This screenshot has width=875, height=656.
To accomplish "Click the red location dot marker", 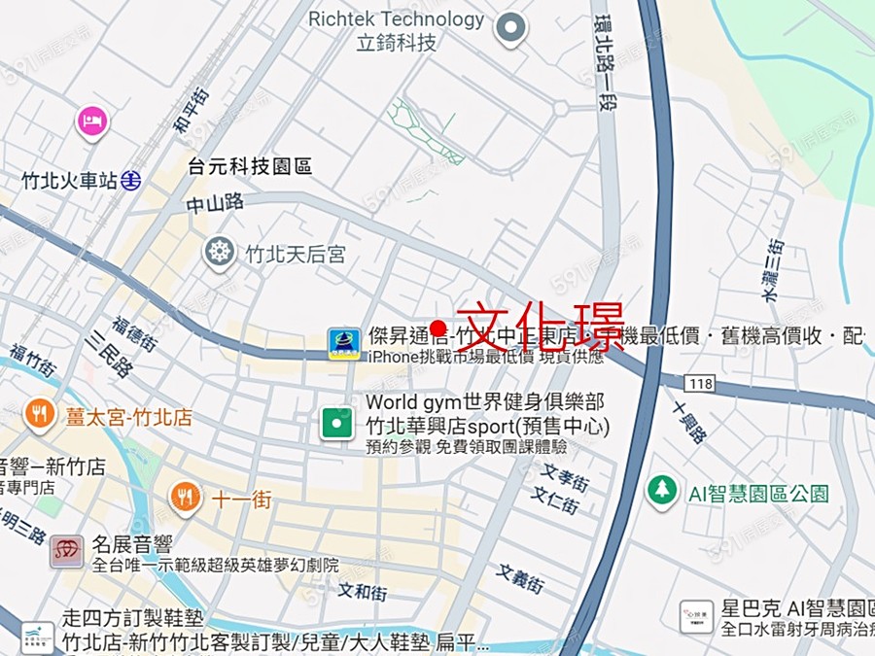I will [437, 328].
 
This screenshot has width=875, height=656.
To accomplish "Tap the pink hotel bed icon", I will [91, 121].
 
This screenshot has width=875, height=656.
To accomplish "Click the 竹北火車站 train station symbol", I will [132, 180].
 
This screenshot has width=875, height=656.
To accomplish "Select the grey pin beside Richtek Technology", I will [510, 28].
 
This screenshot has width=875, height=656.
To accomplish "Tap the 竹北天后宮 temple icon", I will [220, 254].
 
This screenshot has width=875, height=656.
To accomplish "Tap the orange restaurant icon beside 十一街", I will [185, 498].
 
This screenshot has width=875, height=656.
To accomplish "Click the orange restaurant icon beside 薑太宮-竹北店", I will [40, 415].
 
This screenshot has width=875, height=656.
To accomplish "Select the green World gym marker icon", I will [337, 423].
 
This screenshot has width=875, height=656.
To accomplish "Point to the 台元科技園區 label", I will [251, 166].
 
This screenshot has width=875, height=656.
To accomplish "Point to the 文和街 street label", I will [363, 590].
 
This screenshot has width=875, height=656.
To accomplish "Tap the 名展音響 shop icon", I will [67, 552].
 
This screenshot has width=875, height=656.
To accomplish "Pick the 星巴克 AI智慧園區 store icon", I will [696, 616].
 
